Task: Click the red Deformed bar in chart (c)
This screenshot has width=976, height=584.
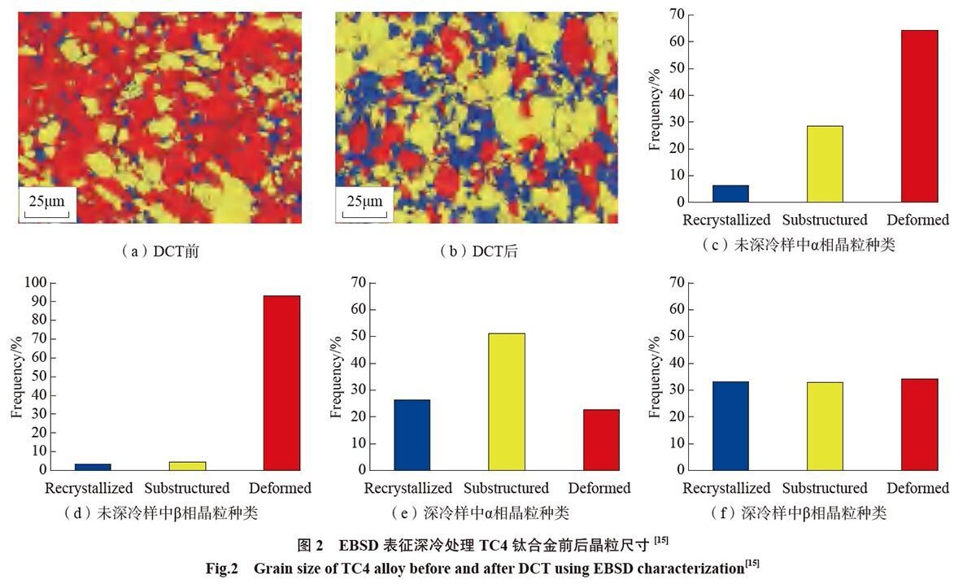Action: [919, 116]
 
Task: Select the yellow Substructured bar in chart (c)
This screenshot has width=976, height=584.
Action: [825, 163]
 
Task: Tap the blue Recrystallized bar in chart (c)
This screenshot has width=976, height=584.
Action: [730, 194]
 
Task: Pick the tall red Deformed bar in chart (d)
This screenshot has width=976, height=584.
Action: [282, 383]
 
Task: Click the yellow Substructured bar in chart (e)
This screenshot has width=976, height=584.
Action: [506, 402]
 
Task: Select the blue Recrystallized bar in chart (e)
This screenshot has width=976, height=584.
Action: [412, 435]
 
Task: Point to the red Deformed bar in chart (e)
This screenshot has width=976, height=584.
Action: [601, 440]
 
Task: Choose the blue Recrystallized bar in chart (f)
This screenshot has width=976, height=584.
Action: [730, 425]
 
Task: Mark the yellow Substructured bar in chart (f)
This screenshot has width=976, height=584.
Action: [825, 426]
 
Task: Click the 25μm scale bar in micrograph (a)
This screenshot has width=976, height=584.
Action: [46, 215]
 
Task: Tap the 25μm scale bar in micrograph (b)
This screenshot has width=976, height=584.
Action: [364, 215]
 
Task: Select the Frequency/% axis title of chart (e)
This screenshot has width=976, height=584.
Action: [335, 377]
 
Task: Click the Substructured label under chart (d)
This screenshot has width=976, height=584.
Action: [187, 488]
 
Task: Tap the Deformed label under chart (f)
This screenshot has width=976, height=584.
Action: [917, 488]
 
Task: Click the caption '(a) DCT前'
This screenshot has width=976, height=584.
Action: [160, 251]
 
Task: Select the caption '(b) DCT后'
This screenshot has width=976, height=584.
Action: [479, 251]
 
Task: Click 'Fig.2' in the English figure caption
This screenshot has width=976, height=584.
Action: [222, 569]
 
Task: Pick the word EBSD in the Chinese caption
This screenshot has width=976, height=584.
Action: [359, 545]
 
